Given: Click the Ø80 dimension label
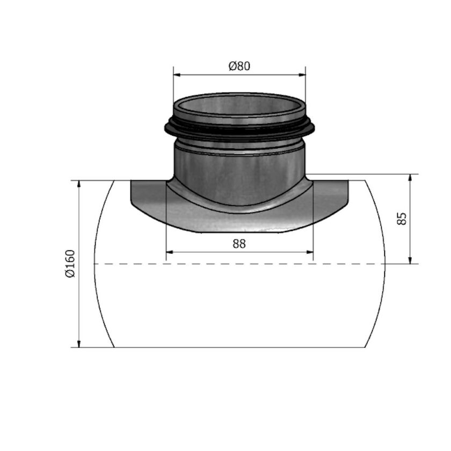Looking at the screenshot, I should (x=239, y=67).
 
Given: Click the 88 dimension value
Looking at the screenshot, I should (x=239, y=244).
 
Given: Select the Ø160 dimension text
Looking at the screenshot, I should (x=71, y=263).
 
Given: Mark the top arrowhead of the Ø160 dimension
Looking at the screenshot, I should (x=79, y=185).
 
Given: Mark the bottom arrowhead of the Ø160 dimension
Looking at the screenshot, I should (x=79, y=343).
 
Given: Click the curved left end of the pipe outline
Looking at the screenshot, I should (x=96, y=263).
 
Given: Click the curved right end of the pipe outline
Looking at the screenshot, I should (x=384, y=263).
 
